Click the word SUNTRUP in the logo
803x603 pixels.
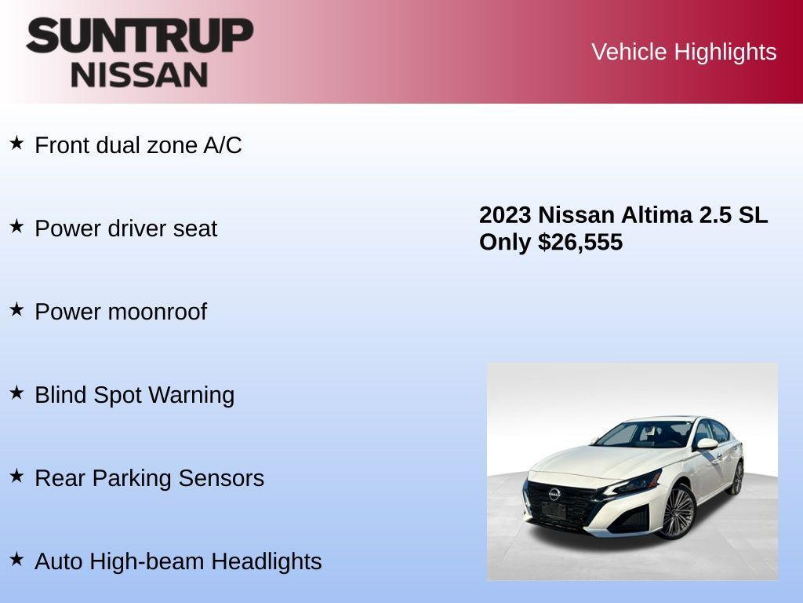pos(140,36)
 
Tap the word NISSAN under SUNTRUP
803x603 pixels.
pos(140,75)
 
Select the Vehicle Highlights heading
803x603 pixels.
pos(684,52)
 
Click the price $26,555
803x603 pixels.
pos(580,243)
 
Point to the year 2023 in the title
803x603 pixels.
pos(505,215)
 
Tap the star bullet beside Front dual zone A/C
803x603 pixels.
pos(16,143)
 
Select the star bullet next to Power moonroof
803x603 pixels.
pos(16,309)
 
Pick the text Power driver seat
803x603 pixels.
pos(125,228)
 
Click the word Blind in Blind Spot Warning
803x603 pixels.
pos(61,395)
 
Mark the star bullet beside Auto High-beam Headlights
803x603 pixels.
pos(16,559)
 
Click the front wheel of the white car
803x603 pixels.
pos(678,511)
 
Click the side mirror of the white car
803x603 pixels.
pos(707,444)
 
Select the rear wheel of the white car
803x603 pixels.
pos(736,477)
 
